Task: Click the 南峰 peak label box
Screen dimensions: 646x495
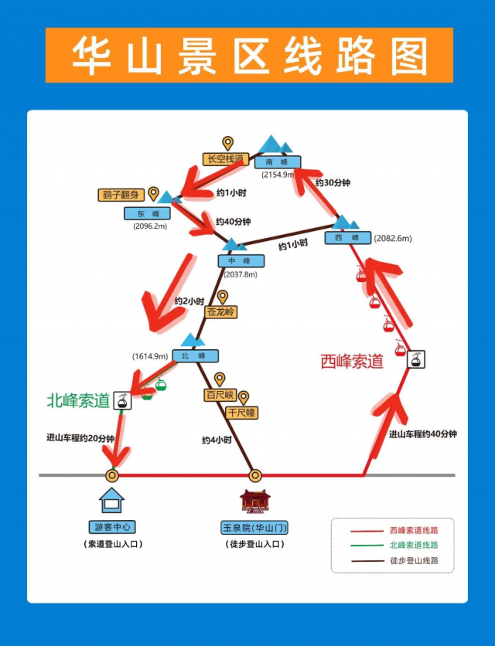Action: (277, 162)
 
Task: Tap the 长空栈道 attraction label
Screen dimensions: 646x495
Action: (224, 159)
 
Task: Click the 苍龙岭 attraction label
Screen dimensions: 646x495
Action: (221, 312)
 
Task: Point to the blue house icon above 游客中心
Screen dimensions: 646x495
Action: (112, 501)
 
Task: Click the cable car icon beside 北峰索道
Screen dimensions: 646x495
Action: (121, 400)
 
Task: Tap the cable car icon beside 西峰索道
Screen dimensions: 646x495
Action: (416, 359)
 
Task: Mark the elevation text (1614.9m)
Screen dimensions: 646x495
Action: (150, 356)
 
